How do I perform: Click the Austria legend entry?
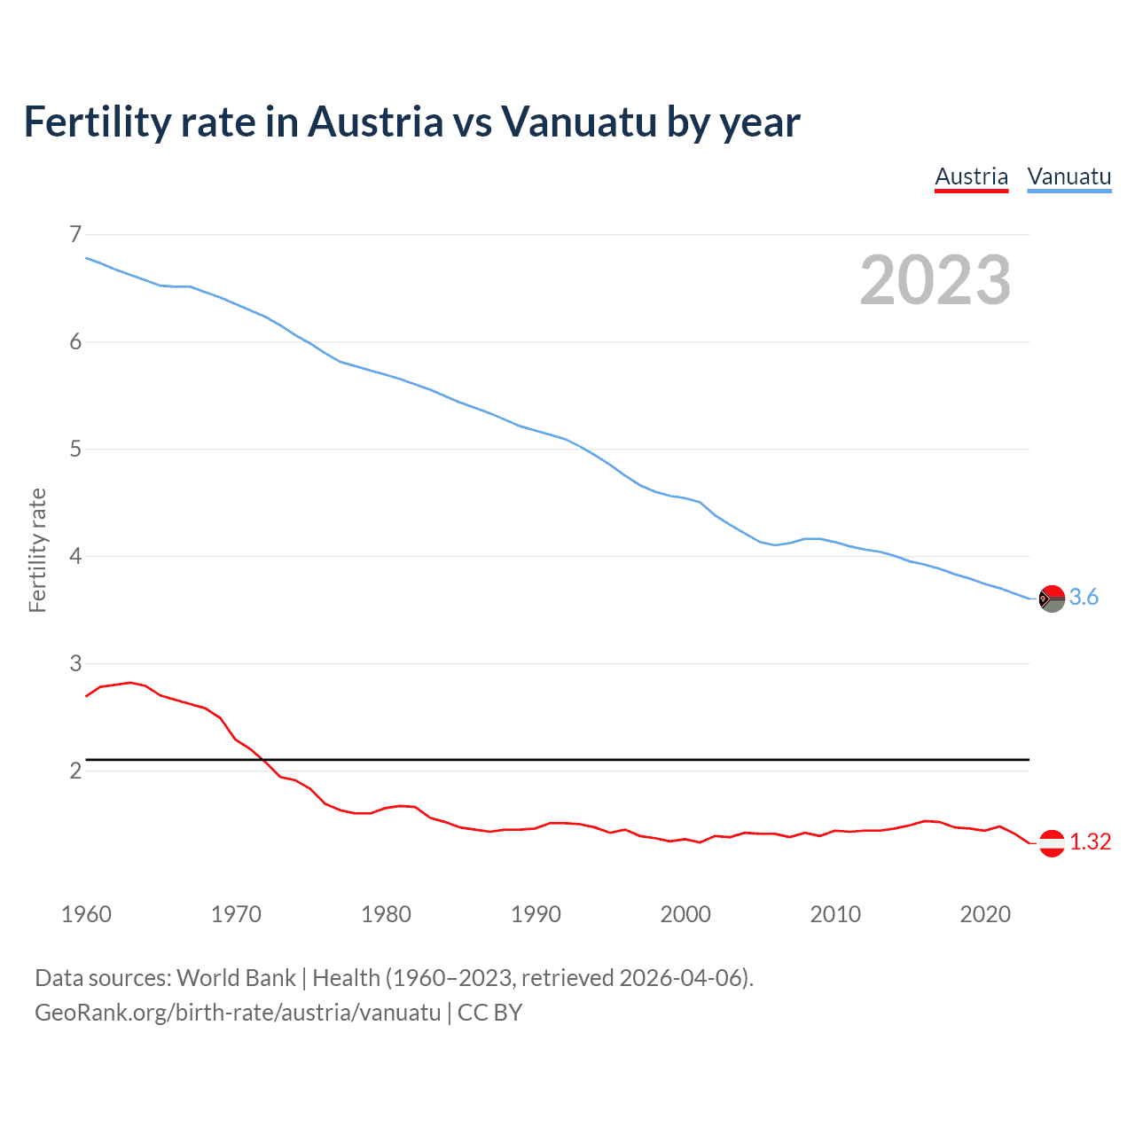(x=971, y=176)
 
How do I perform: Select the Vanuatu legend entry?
(x=1068, y=176)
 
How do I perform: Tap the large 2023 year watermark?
(x=935, y=280)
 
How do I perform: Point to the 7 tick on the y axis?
(x=74, y=234)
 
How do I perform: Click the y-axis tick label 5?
(x=74, y=449)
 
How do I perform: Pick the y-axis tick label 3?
(x=74, y=663)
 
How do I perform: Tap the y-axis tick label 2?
(x=74, y=771)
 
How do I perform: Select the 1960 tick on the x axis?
(x=86, y=914)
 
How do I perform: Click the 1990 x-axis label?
(x=536, y=914)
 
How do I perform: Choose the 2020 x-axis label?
(x=985, y=914)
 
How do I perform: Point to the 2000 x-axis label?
(x=685, y=914)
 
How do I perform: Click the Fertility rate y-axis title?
(x=37, y=550)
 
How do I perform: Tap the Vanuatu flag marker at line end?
(x=1052, y=599)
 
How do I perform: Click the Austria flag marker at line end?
(x=1052, y=842)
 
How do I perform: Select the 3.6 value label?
(x=1084, y=598)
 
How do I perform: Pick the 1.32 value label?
(x=1090, y=842)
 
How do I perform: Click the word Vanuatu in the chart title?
(x=579, y=121)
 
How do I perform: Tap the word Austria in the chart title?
(x=375, y=121)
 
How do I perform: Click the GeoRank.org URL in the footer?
(x=238, y=1013)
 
